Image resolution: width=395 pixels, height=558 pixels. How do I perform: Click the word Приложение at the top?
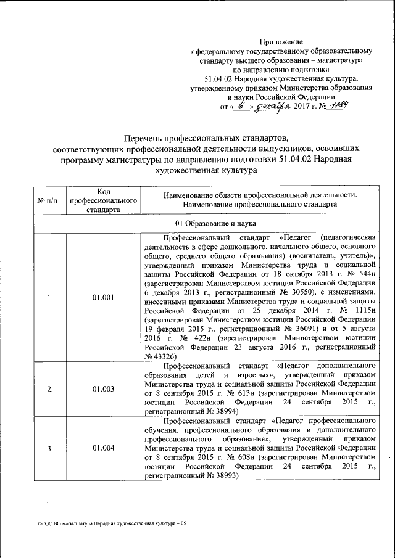[280, 41]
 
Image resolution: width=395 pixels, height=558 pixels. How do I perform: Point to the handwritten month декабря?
[272, 106]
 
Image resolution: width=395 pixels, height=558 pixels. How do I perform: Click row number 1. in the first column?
[50, 298]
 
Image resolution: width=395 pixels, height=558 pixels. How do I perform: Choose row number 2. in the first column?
[50, 389]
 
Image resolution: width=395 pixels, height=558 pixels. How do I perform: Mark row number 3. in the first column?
[50, 448]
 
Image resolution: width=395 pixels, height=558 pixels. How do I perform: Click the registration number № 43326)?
[160, 357]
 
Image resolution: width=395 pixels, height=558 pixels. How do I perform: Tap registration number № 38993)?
[204, 477]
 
